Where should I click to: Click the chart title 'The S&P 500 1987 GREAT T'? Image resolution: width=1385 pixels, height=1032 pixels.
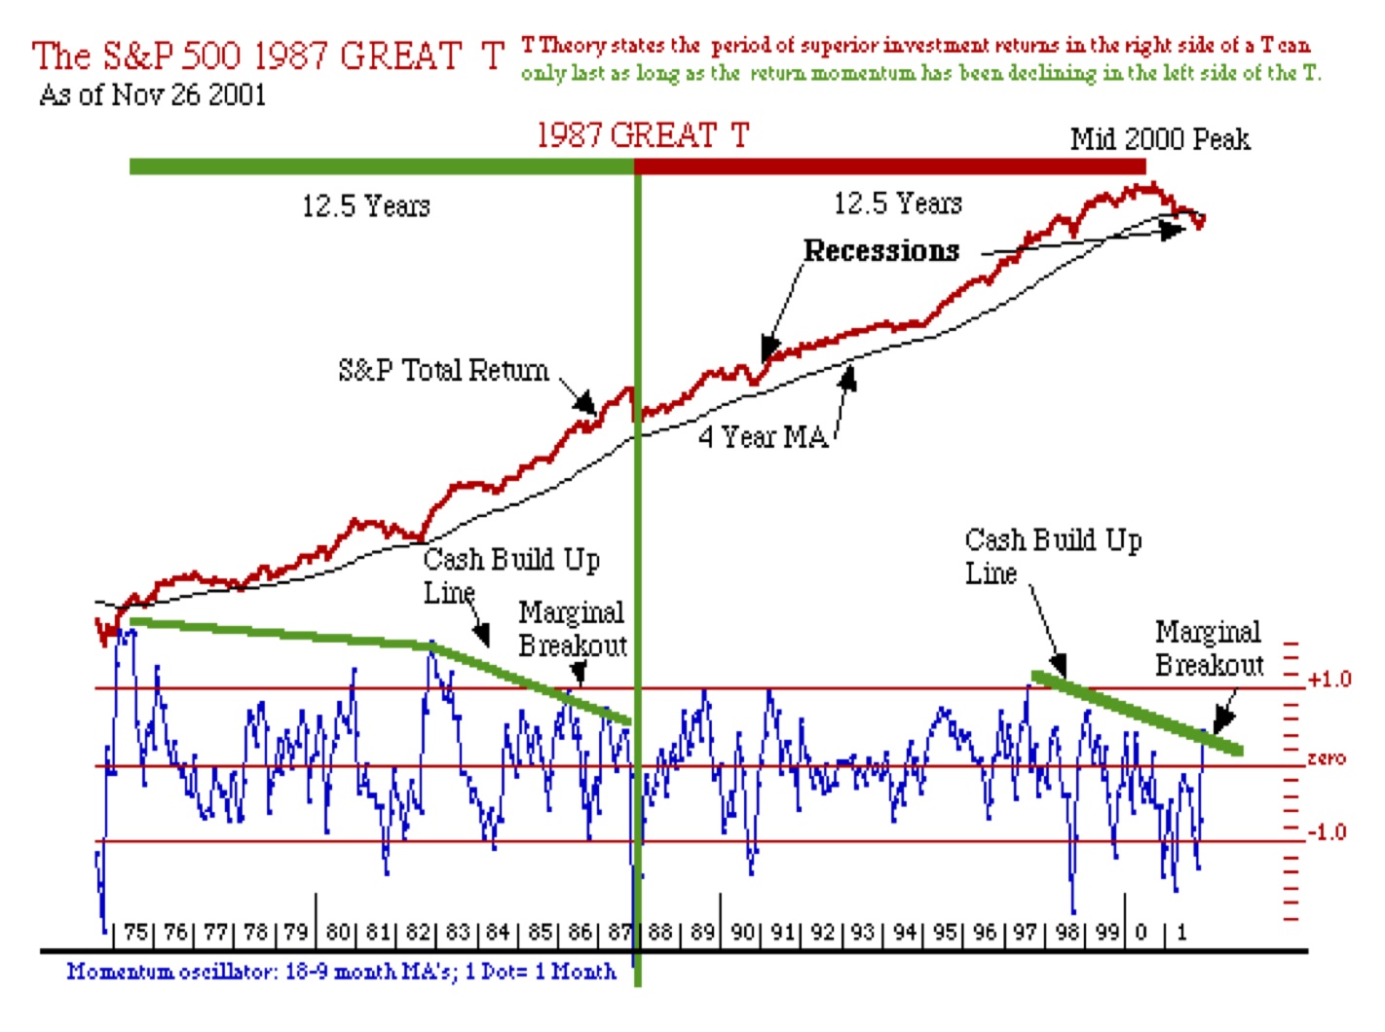coord(268,55)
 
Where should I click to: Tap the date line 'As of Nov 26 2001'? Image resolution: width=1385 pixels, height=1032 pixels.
coord(152,95)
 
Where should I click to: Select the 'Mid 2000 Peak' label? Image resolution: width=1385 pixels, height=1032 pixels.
coord(1159,139)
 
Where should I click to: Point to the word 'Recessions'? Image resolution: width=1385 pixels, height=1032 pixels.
coord(881,251)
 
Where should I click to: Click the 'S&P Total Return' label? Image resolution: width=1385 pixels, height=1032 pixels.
coord(443,370)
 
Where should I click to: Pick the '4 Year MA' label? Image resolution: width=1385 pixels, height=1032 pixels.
coord(763,437)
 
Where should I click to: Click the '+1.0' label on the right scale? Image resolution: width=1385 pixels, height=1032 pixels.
coord(1329,679)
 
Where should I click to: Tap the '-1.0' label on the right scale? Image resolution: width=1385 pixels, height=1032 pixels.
coord(1326,832)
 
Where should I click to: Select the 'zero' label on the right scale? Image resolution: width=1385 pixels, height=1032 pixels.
coord(1327,757)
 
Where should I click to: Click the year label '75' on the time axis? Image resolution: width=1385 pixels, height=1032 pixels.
coord(135,932)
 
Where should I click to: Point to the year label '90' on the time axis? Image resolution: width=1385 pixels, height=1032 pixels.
coord(743,932)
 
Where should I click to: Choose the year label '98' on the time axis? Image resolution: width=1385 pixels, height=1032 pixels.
coord(1068,932)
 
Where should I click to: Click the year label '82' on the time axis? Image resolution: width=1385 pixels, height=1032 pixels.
coord(418,932)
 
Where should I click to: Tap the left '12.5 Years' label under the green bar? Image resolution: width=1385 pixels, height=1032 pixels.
coord(365,206)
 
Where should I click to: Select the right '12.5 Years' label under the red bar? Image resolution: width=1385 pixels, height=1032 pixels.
coord(897,203)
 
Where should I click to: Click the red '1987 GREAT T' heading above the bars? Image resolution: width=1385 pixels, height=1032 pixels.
coord(643,134)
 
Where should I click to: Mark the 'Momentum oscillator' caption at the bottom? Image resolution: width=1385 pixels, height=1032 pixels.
coord(341,972)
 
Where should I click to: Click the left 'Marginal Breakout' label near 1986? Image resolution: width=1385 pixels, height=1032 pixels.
coord(573,629)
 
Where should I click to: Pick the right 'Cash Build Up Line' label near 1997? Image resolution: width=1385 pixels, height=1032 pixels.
coord(1052,555)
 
